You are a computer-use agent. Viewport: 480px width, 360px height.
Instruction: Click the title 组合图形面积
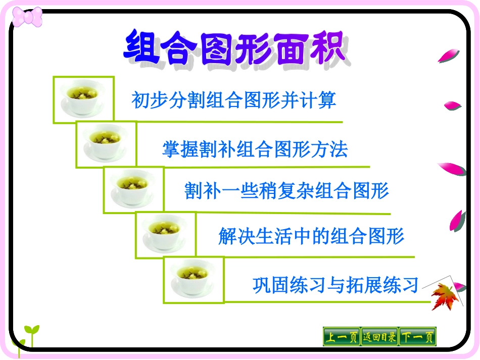(x=234, y=48)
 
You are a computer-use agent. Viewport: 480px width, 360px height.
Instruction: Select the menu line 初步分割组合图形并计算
(x=233, y=100)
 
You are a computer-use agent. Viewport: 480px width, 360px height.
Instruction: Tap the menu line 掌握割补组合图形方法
(x=255, y=149)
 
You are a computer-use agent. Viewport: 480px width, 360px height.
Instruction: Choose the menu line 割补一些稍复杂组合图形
(x=286, y=191)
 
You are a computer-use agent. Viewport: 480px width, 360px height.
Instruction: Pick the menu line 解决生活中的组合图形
(x=311, y=236)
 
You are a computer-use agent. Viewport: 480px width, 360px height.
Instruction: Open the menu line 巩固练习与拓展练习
(x=335, y=285)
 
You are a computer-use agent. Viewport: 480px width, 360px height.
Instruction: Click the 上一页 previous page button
(x=341, y=337)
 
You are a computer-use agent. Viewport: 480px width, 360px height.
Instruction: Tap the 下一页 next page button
(x=417, y=337)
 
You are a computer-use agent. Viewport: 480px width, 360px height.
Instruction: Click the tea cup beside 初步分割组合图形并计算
(x=83, y=99)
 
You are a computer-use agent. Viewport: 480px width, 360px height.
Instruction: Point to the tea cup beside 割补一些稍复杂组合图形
(x=134, y=189)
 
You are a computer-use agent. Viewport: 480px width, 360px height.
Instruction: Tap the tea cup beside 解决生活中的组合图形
(x=165, y=235)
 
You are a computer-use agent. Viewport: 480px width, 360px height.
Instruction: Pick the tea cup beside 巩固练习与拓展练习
(x=194, y=280)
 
